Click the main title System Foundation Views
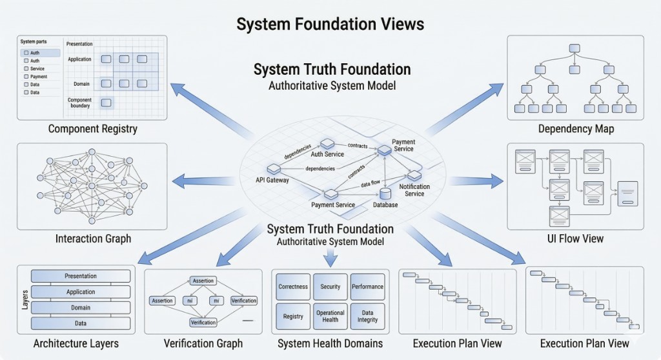330,24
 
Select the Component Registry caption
92,129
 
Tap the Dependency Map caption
576,129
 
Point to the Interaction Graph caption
93,239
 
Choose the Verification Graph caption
203,343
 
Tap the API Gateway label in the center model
272,180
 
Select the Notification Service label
414,190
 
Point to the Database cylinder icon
385,193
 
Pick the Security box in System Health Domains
330,286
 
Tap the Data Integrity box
367,316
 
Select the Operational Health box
330,316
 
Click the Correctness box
292,286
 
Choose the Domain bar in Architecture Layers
81,308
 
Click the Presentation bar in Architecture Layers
81,276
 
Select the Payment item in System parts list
38,77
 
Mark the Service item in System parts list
37,68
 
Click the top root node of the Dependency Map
574,48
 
